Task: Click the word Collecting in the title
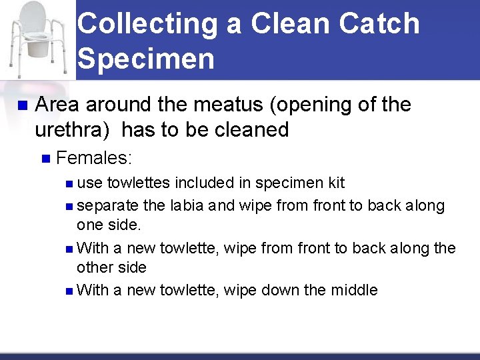(x=147, y=24)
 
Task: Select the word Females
(x=93, y=158)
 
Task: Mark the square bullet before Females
(x=45, y=159)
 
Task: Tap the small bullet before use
(x=71, y=183)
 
